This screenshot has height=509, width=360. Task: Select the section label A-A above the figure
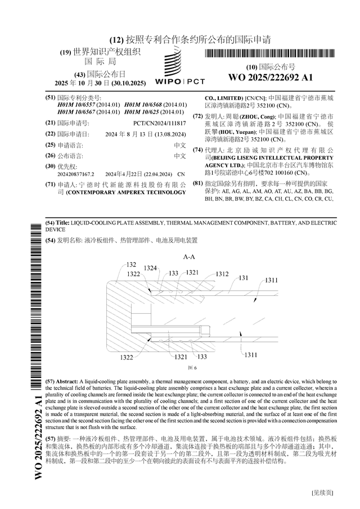click(189, 256)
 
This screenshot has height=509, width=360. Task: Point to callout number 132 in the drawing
click(131, 264)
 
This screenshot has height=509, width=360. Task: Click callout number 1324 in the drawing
click(150, 268)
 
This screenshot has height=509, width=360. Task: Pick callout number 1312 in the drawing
click(221, 274)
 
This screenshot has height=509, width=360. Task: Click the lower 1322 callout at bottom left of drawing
click(127, 357)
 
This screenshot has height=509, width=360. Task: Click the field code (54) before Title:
click(49, 223)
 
